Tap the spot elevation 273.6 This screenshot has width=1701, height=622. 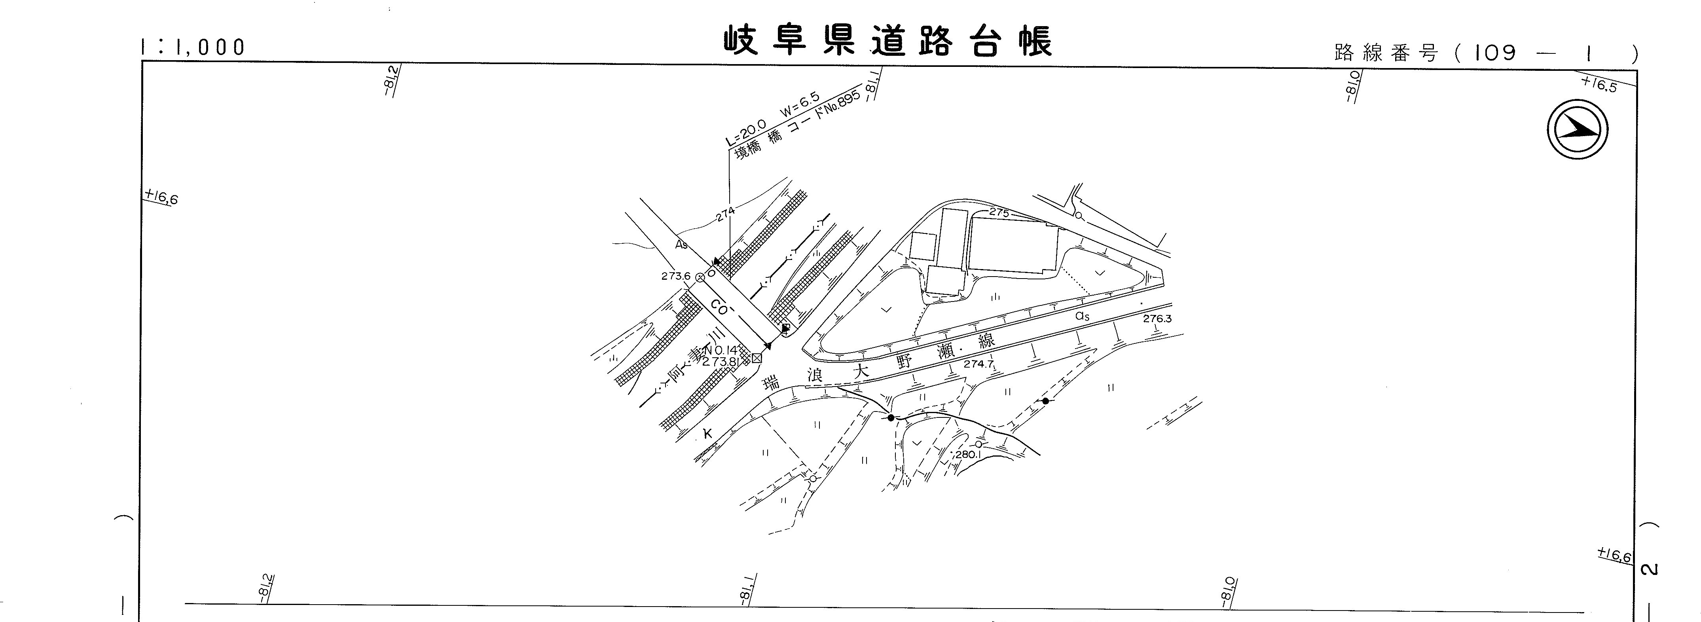(x=675, y=276)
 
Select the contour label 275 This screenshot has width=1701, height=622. (x=999, y=212)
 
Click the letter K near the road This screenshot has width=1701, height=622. (x=707, y=434)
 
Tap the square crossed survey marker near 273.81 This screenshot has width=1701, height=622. (x=757, y=358)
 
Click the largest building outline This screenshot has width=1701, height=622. (x=1012, y=246)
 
